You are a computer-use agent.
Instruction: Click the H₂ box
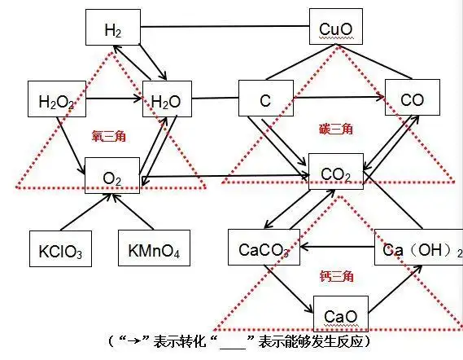pyautogui.click(x=114, y=30)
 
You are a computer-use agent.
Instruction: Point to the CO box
pyautogui.click(x=412, y=99)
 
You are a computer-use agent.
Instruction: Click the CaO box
pyautogui.click(x=339, y=314)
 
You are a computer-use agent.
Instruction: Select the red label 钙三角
pyautogui.click(x=335, y=277)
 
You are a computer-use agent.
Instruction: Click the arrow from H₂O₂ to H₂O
pyautogui.click(x=114, y=101)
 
